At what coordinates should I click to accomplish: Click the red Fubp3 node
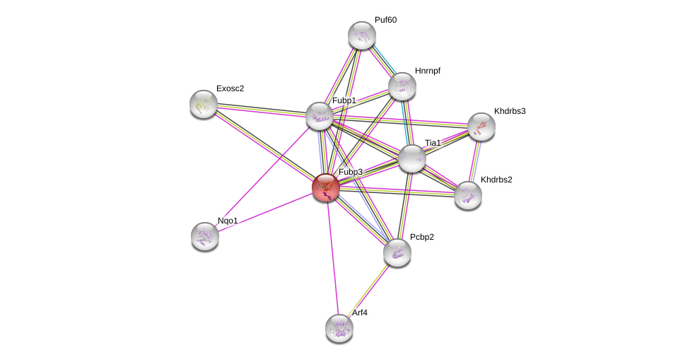326,187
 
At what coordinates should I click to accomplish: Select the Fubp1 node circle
319,116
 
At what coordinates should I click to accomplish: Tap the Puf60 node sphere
361,35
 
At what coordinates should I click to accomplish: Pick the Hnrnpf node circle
402,86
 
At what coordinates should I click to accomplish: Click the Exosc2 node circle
204,104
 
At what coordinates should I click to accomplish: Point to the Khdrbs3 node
481,127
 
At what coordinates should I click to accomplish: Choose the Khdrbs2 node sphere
467,195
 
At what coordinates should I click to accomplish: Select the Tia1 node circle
411,158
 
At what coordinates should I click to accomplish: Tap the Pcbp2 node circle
397,252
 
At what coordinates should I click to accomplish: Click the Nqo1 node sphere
205,236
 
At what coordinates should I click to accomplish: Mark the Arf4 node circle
339,327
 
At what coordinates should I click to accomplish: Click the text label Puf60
385,20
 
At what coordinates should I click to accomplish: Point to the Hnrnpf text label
428,71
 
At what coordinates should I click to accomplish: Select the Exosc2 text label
230,88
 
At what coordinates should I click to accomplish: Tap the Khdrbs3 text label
509,111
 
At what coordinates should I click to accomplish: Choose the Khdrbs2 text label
496,180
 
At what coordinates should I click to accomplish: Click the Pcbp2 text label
422,237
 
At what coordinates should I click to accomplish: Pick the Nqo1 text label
228,221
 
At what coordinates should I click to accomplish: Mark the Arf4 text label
360,313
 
